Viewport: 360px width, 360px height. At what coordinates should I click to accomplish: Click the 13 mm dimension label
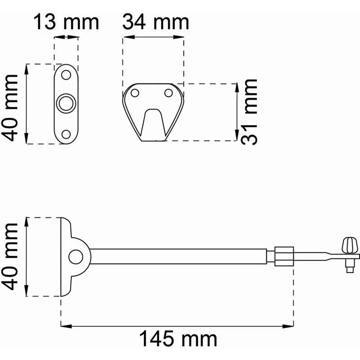tap(66, 22)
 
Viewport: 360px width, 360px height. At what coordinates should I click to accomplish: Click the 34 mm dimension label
tap(156, 22)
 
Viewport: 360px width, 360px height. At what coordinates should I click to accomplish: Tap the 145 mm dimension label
tap(178, 339)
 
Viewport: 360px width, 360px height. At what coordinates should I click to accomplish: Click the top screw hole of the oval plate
tap(66, 75)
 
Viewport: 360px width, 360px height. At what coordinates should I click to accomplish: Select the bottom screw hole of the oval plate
tap(66, 135)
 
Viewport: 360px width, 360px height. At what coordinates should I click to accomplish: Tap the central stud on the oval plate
tap(66, 103)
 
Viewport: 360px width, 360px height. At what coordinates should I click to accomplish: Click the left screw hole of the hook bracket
tap(135, 93)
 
